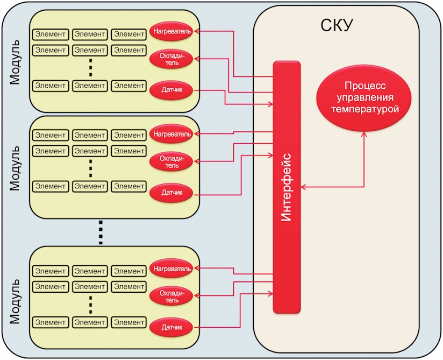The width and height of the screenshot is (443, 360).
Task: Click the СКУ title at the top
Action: pos(337,25)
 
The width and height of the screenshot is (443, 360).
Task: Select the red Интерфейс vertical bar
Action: pos(287,187)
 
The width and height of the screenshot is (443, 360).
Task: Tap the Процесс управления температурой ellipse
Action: pos(364,98)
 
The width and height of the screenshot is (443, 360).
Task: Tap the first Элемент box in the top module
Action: pos(51,34)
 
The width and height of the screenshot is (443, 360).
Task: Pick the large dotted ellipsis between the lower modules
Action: pos(101,232)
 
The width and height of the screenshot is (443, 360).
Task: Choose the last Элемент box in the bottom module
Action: pos(129,322)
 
